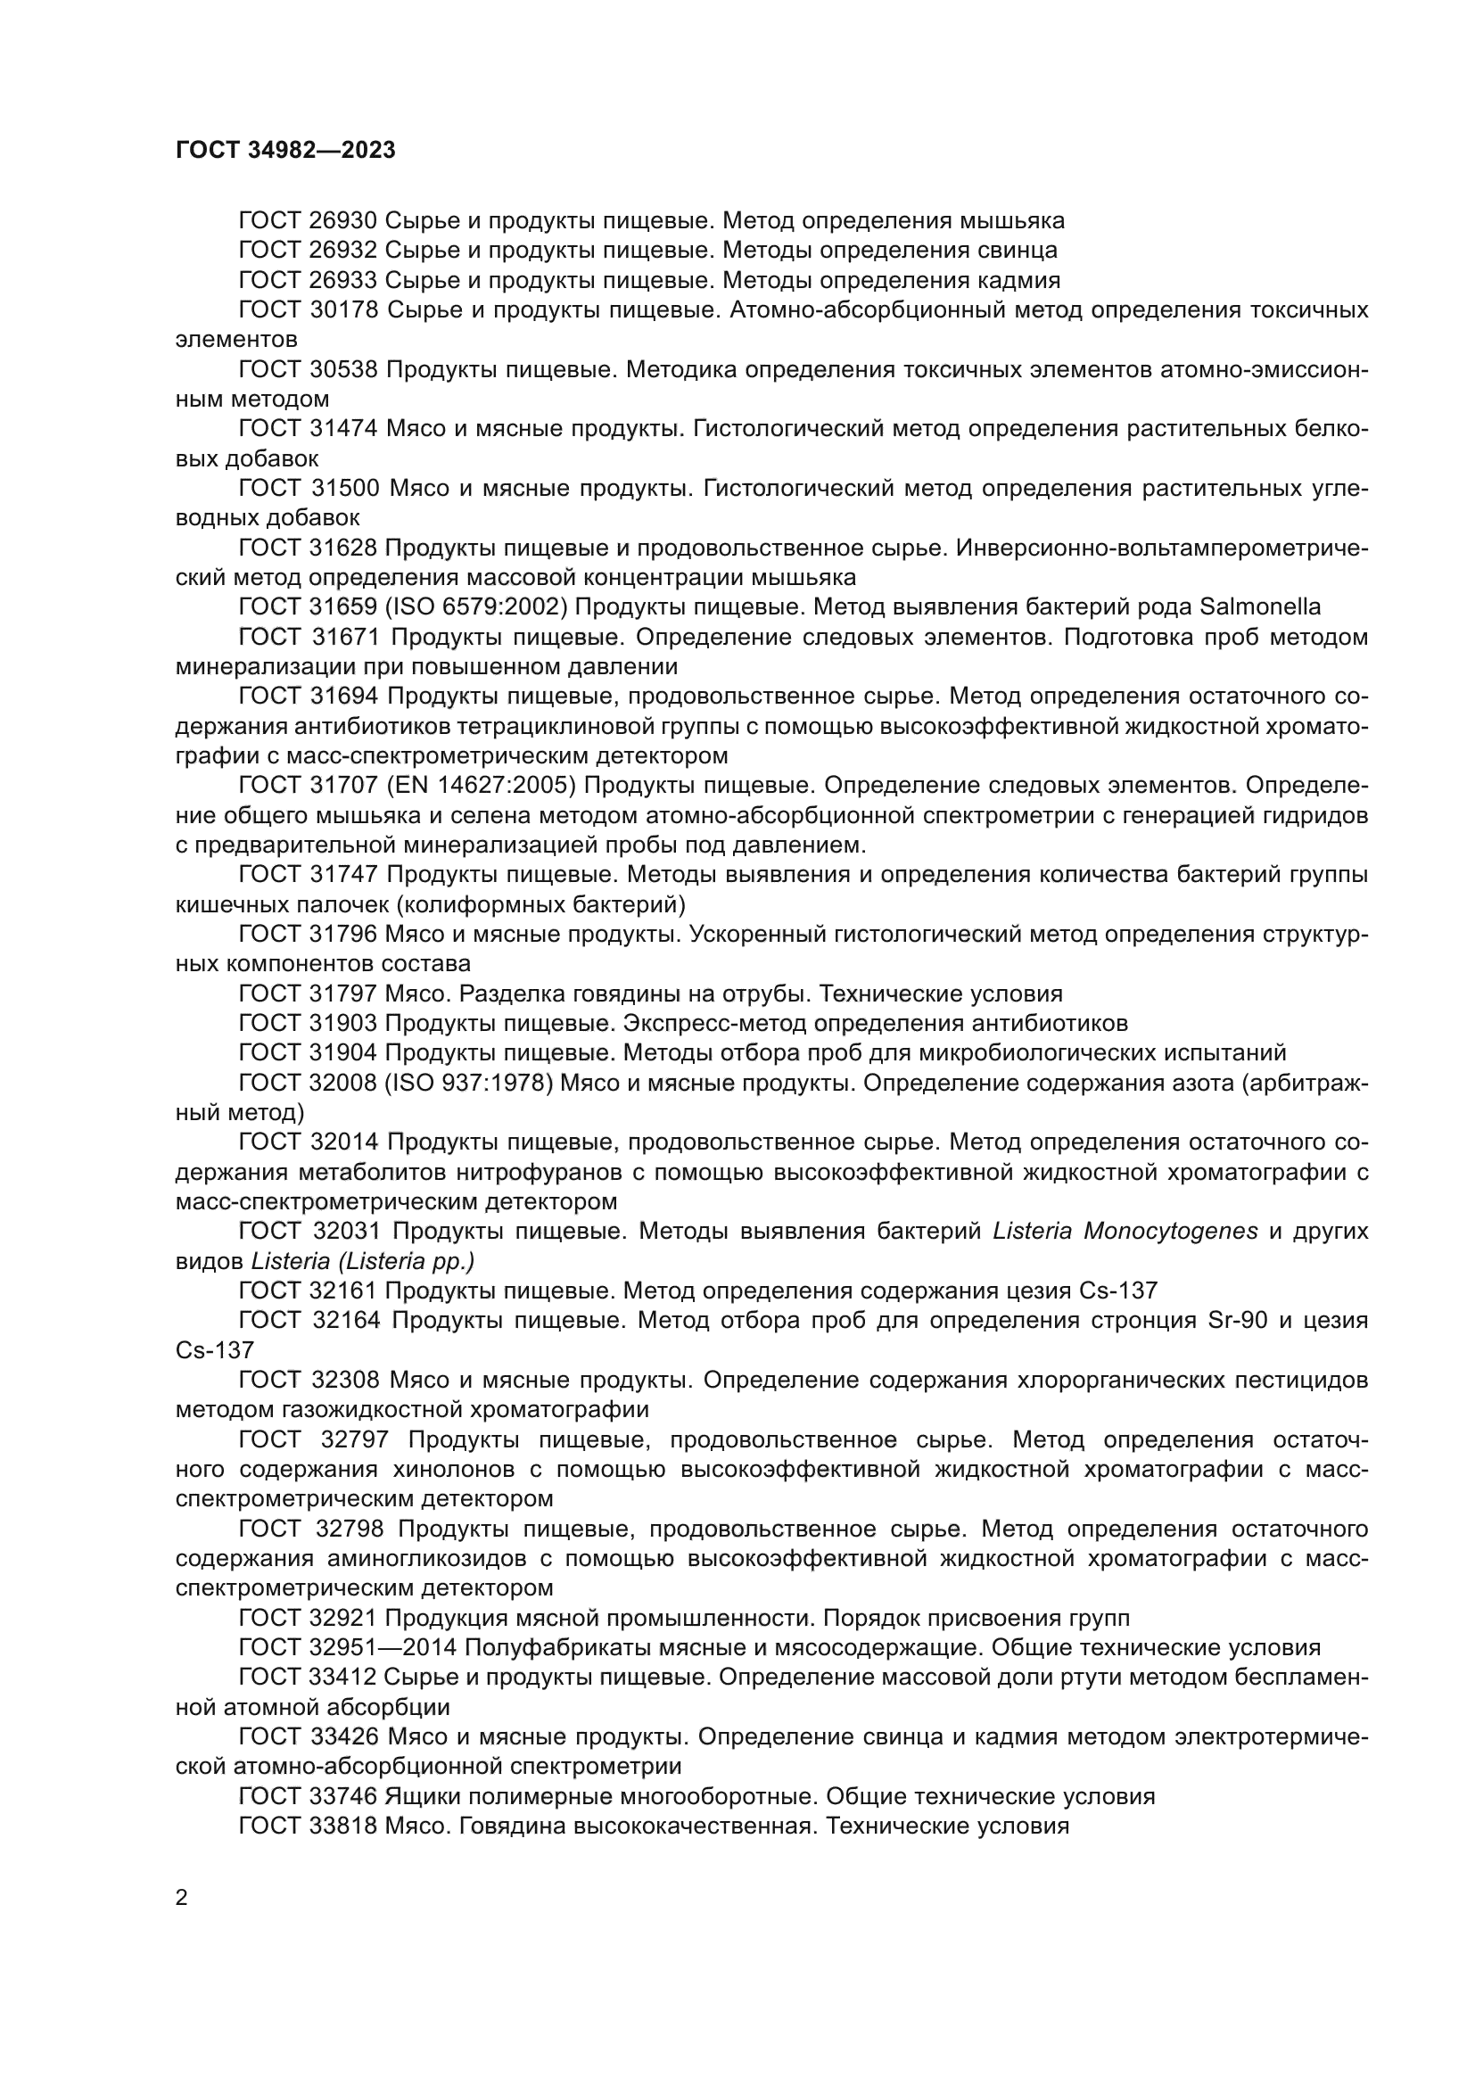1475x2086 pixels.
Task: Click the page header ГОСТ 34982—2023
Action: [285, 151]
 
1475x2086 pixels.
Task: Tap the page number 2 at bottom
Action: [182, 1897]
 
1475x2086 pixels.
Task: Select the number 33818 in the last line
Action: [342, 1826]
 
